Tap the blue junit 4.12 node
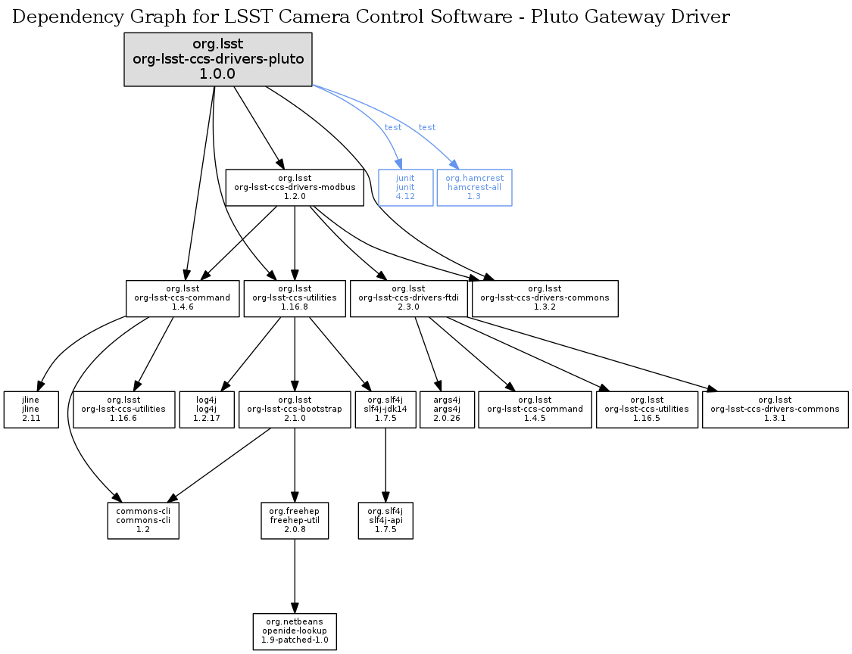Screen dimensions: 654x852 click(x=405, y=187)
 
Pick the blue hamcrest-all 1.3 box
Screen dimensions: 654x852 click(x=474, y=187)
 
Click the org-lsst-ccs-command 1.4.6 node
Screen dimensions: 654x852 click(x=182, y=298)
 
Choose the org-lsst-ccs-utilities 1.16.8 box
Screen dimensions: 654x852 click(x=295, y=298)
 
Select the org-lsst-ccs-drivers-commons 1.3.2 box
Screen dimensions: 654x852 click(x=545, y=298)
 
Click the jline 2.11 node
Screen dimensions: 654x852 click(x=31, y=410)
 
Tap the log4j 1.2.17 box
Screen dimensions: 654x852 click(x=207, y=410)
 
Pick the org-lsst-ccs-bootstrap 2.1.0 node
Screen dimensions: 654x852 click(x=295, y=410)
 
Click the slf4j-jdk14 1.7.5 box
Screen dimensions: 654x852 click(x=386, y=410)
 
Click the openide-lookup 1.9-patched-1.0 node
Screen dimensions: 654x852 click(x=295, y=632)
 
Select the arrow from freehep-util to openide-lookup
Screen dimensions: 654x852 click(x=295, y=575)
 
